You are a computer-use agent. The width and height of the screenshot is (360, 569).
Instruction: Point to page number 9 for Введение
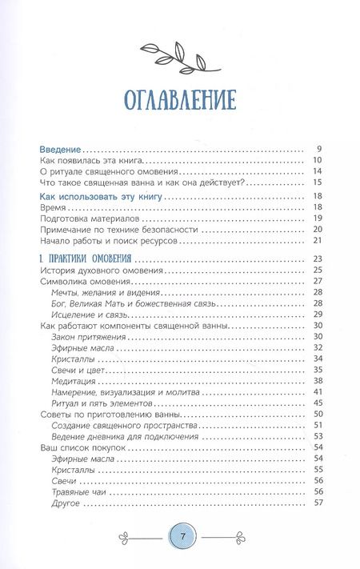[318, 150]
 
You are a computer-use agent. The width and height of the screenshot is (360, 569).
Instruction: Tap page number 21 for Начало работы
[317, 241]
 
